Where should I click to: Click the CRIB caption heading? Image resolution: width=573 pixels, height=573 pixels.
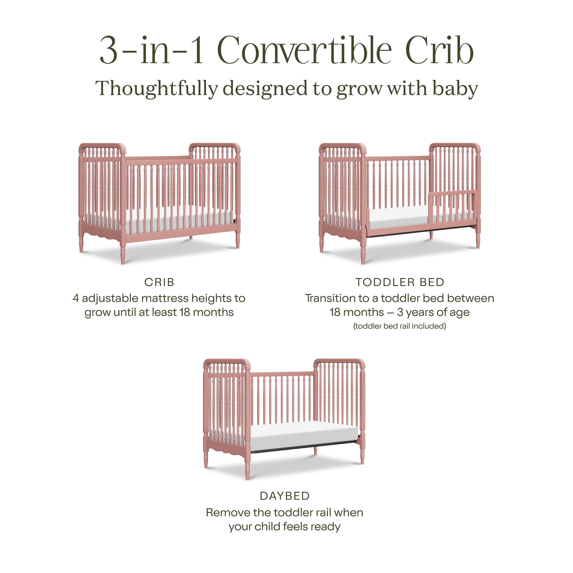(x=159, y=282)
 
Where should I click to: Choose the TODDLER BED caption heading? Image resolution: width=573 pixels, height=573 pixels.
(x=400, y=282)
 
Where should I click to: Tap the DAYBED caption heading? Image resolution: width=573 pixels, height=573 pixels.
(x=285, y=496)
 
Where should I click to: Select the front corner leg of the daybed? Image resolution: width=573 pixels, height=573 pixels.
(x=247, y=467)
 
